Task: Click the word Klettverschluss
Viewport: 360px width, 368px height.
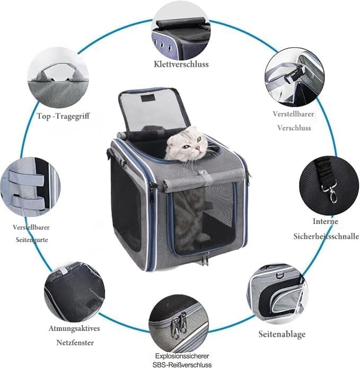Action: coord(181,64)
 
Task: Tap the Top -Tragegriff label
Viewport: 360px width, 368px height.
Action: coord(63,116)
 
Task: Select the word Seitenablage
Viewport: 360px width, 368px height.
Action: coord(282,334)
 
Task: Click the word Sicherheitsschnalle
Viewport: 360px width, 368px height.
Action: coord(326,236)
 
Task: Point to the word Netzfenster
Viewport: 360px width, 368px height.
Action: coord(75,343)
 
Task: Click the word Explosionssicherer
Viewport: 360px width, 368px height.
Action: coord(182,356)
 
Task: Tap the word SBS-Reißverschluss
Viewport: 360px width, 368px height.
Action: coord(182,364)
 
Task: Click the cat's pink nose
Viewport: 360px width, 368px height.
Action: coord(198,148)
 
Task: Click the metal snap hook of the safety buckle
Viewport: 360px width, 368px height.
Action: coord(331,194)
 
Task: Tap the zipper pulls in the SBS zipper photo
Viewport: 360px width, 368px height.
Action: coord(179,325)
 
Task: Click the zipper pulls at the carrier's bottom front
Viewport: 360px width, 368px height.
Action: coord(205,258)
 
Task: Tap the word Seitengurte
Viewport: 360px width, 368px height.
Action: coord(32,240)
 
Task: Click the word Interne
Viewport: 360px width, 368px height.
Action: coord(326,221)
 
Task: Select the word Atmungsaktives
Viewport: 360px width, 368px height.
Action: coord(74,328)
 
